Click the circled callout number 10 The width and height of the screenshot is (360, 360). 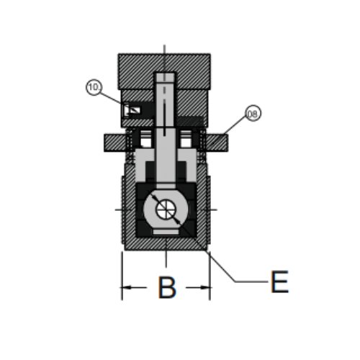[94, 87]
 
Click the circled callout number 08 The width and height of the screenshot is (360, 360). [253, 113]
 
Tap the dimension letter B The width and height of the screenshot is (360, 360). [167, 287]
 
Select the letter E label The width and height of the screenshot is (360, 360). [279, 282]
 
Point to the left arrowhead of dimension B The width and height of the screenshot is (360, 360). [127, 287]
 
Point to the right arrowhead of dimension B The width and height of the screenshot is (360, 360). [206, 287]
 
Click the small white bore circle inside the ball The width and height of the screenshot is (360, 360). [166, 209]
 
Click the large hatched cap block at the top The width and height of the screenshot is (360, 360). [164, 71]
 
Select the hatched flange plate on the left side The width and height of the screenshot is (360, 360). [115, 143]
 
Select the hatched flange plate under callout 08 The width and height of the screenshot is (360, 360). [217, 143]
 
